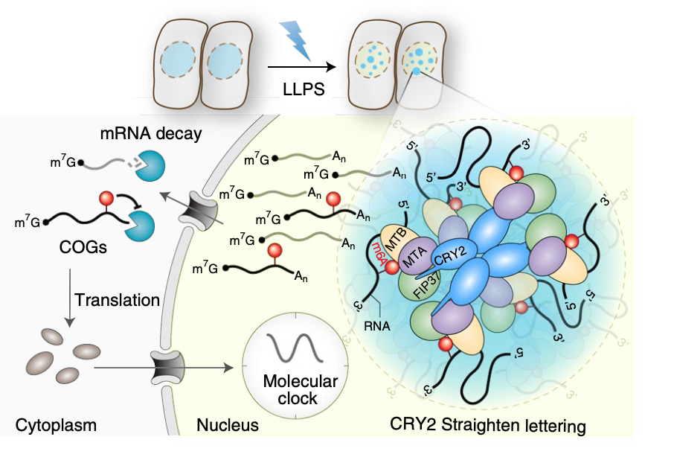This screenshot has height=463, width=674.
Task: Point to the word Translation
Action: [117, 300]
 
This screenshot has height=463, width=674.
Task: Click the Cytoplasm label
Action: [57, 426]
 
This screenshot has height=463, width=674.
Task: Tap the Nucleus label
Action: [228, 426]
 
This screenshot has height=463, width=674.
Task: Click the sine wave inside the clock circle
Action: [290, 348]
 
